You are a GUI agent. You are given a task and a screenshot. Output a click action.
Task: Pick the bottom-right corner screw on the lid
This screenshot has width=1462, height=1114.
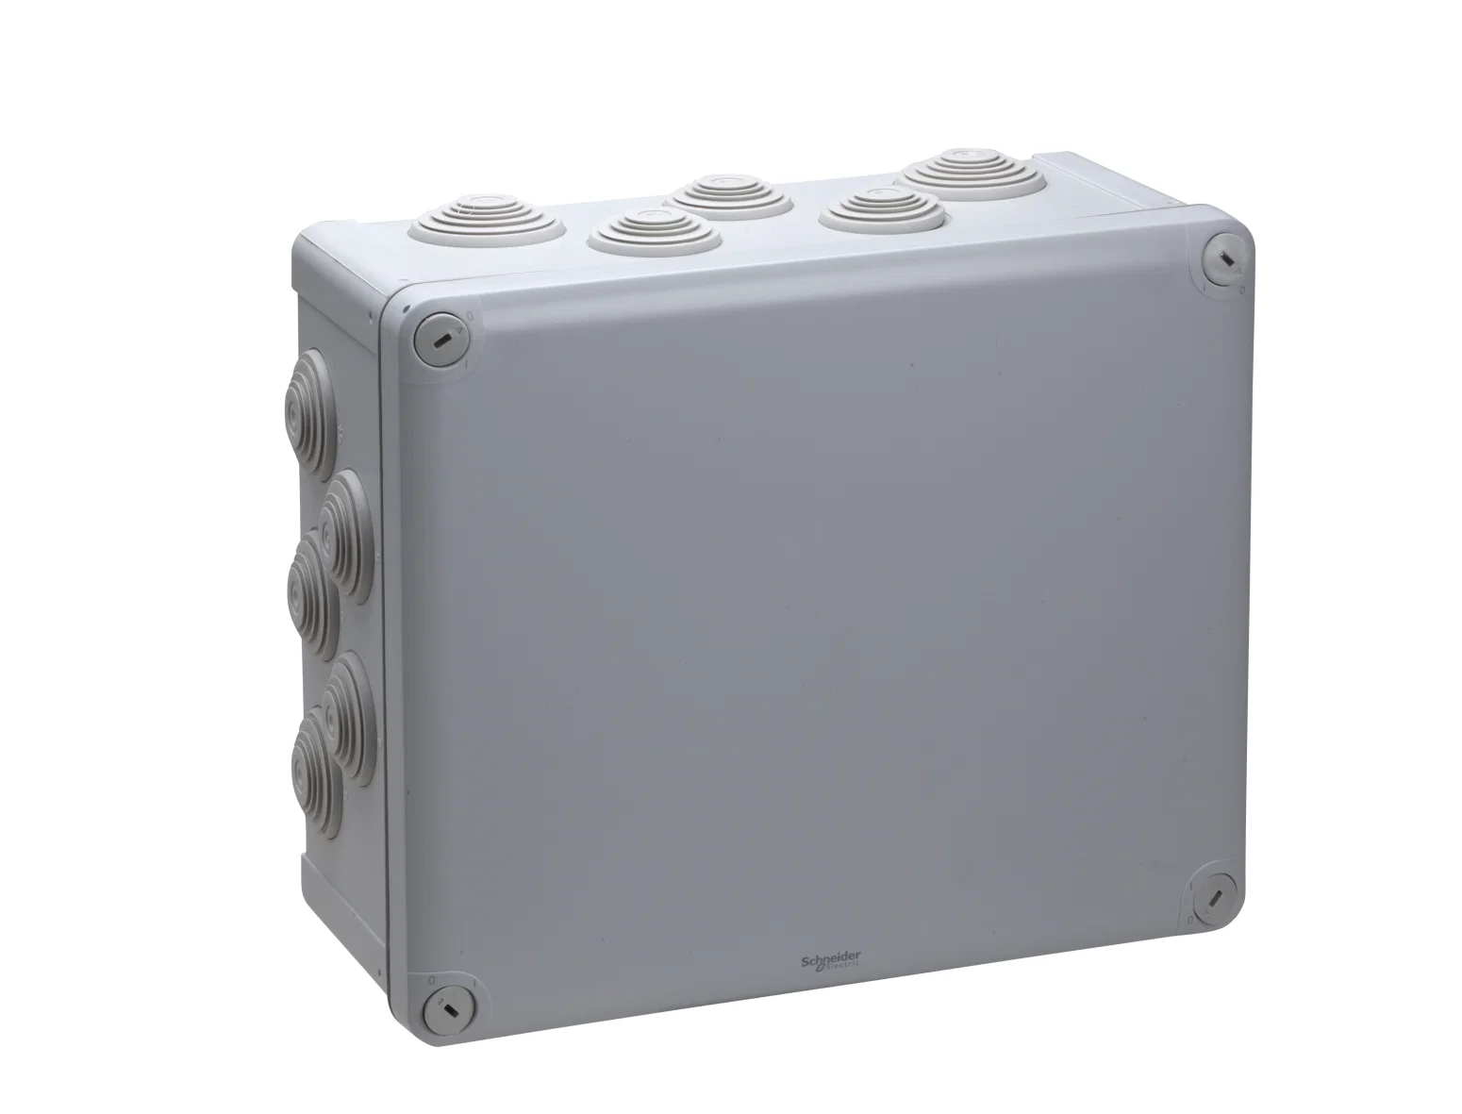[1215, 900]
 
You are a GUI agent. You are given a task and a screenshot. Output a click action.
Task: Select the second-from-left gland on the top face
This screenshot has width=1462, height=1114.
[655, 232]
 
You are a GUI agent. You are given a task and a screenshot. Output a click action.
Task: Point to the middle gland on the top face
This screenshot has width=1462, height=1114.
[732, 196]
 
